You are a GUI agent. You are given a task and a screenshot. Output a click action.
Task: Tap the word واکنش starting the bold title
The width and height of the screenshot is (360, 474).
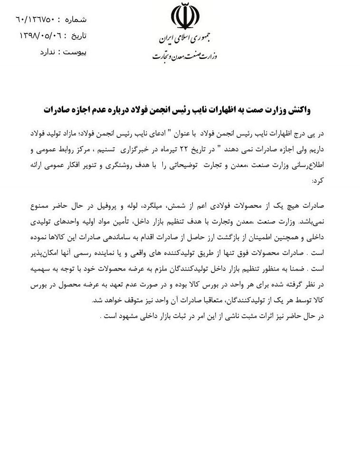298,109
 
